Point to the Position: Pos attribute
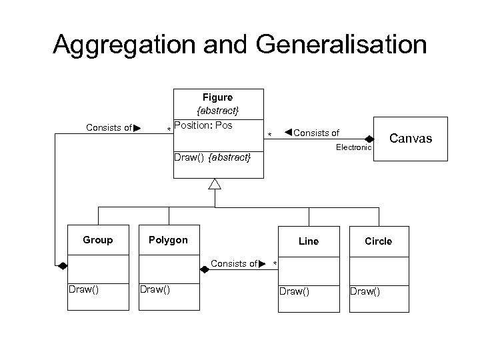tap(203, 125)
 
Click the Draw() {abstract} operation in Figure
tap(212, 157)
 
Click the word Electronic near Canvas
tap(353, 147)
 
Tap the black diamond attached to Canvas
tap(369, 139)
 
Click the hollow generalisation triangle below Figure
tap(214, 184)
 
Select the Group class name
tap(98, 240)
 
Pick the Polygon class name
tap(168, 240)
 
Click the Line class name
tap(309, 241)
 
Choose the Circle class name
tap(379, 241)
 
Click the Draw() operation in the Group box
tap(84, 289)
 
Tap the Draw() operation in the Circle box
tap(365, 291)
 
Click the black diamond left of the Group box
tap(62, 265)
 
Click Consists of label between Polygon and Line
tap(234, 263)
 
